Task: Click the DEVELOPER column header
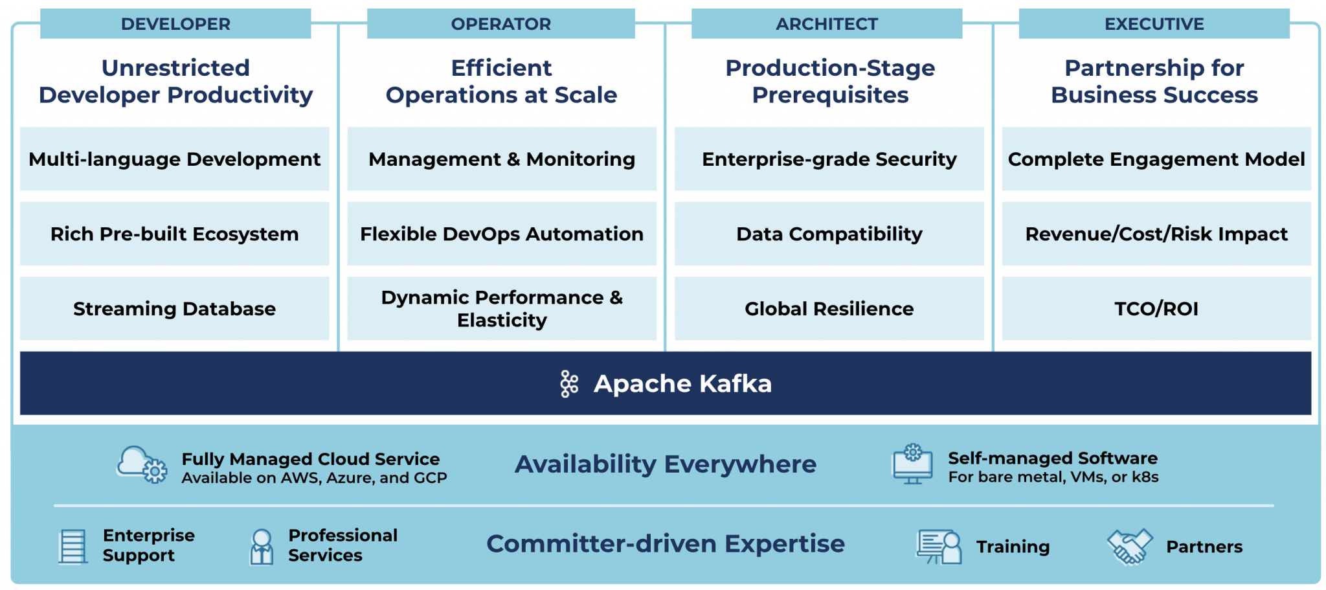[175, 24]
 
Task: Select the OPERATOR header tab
[500, 24]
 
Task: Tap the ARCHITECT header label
[827, 24]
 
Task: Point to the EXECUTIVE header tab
[1154, 24]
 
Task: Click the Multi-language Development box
[174, 159]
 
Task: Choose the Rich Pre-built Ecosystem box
[174, 234]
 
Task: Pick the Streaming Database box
[174, 308]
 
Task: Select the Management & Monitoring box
[502, 159]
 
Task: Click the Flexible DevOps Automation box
[502, 234]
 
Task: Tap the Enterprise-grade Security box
[829, 159]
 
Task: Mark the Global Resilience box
[829, 308]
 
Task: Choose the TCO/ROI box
[1156, 308]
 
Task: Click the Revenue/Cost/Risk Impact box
[1156, 234]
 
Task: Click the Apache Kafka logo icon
[569, 384]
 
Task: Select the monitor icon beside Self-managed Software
[912, 464]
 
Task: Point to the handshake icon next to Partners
[1130, 547]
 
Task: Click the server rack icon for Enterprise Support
[73, 547]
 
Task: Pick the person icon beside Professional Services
[262, 547]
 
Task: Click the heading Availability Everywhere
[666, 464]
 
